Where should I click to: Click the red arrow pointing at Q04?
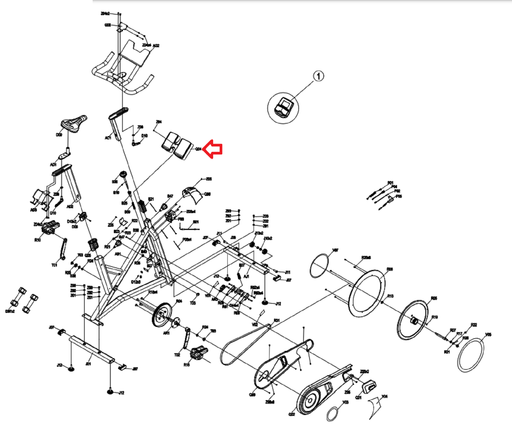click(x=213, y=149)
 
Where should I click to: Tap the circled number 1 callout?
click(x=319, y=76)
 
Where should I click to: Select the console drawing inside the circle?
click(x=284, y=108)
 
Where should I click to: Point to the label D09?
click(x=59, y=135)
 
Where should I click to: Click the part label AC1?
click(x=108, y=138)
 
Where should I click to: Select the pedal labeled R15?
click(x=199, y=353)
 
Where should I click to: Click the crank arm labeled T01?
click(x=63, y=249)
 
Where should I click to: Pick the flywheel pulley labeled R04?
click(x=162, y=314)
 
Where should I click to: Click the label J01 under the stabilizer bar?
click(x=88, y=364)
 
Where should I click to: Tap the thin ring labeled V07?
click(x=319, y=265)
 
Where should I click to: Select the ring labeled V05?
click(x=471, y=355)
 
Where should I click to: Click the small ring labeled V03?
click(x=332, y=414)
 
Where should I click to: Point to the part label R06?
click(x=390, y=269)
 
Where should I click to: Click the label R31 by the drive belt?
click(x=277, y=321)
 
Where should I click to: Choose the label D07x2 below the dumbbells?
click(x=10, y=311)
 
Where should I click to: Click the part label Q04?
click(x=198, y=149)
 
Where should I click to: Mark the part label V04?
click(x=384, y=396)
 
